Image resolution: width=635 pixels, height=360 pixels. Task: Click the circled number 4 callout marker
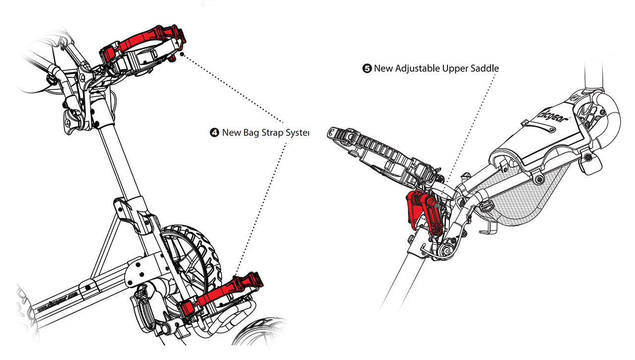coord(214,132)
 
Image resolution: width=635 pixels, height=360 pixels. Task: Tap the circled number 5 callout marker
coord(367,68)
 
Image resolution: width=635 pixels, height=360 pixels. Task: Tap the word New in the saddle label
coord(382,68)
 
